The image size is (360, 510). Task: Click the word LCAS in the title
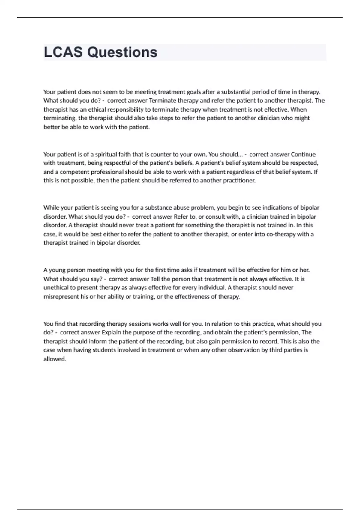coord(63,52)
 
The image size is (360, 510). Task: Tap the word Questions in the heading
coord(122,52)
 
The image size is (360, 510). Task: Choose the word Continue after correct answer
coord(303,154)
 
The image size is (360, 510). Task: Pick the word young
coord(57,270)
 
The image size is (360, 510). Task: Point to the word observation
coord(247,350)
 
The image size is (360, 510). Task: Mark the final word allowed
coord(55,359)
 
